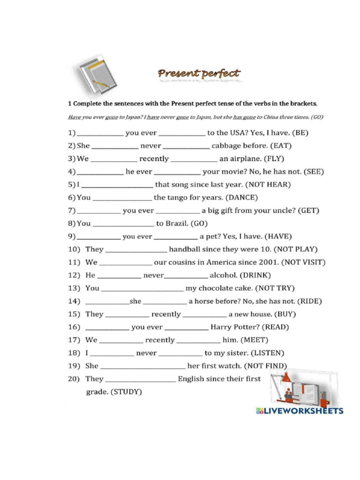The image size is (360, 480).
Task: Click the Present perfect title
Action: coord(199,74)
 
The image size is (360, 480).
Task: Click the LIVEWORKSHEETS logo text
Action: coord(300,411)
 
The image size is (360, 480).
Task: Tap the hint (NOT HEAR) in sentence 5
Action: coord(269,185)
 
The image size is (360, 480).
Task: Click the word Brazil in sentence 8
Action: coord(177,224)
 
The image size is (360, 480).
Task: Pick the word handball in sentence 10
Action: coord(187,249)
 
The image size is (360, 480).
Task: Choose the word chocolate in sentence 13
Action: coord(217,288)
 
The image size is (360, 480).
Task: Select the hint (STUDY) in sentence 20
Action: coord(126,392)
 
